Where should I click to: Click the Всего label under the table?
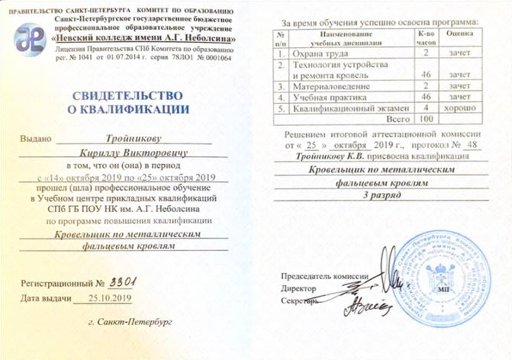pos(398,120)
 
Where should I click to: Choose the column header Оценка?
pos(459,35)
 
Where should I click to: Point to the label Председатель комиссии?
pos(324,276)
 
